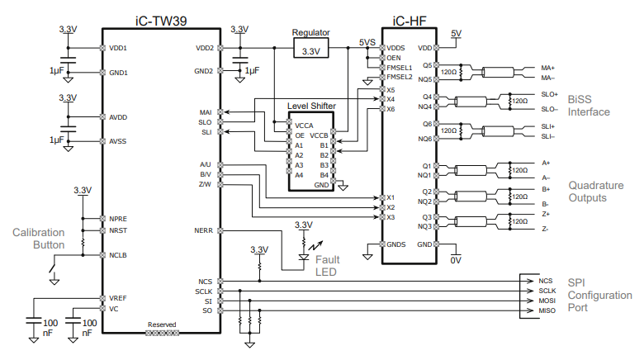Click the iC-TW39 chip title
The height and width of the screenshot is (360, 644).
(x=160, y=18)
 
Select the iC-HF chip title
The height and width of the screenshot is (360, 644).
(x=409, y=18)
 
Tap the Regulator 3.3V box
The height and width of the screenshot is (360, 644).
(x=311, y=50)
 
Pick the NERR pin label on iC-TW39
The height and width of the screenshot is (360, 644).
(x=204, y=230)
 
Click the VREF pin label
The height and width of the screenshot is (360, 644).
(x=118, y=297)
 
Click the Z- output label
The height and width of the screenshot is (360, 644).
(x=546, y=229)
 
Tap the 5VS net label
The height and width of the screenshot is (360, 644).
(x=367, y=41)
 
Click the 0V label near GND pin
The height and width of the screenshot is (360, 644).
(x=453, y=260)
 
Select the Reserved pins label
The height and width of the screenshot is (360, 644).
(x=161, y=325)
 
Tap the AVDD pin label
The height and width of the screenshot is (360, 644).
(x=118, y=116)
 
